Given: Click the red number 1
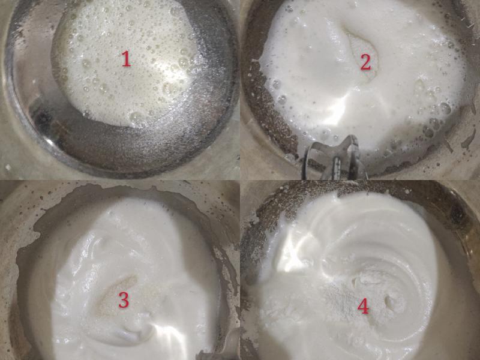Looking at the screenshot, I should (x=126, y=59).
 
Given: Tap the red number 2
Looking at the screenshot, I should (x=365, y=62).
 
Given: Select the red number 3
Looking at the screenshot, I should (x=124, y=300).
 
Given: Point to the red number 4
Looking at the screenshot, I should (x=363, y=305).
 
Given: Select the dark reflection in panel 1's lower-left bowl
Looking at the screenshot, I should (x=42, y=120).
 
